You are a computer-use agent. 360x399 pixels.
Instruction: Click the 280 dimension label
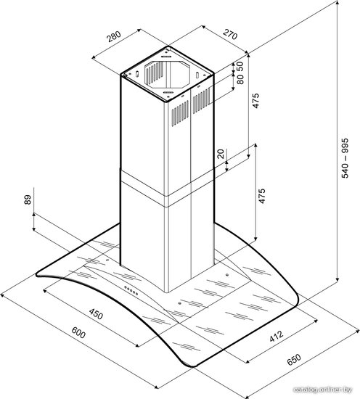click(x=114, y=36)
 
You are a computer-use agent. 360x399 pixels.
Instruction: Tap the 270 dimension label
click(x=230, y=34)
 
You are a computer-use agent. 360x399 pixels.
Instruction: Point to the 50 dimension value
click(x=240, y=66)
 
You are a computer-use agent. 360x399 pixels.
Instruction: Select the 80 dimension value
click(x=240, y=79)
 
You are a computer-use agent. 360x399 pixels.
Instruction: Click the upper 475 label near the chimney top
click(x=255, y=101)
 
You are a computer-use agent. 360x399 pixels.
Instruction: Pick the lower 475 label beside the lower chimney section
click(x=261, y=196)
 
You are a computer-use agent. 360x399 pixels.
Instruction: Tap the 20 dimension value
click(x=221, y=154)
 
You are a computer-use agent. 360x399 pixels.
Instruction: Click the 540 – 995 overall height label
click(x=344, y=158)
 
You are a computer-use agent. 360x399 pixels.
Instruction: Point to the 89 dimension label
click(x=28, y=199)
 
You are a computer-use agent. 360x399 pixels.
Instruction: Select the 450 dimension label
click(x=97, y=313)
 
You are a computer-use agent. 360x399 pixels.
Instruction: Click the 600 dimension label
click(x=78, y=332)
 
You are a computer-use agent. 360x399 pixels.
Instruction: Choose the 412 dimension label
click(x=277, y=337)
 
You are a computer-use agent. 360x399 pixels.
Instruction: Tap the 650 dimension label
click(x=294, y=360)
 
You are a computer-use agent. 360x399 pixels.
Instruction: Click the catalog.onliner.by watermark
click(x=323, y=390)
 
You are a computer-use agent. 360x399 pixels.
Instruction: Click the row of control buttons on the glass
click(x=131, y=290)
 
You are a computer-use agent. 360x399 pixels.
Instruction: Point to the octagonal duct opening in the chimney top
click(x=167, y=75)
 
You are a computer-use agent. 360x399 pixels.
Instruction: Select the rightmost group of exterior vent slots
click(x=202, y=101)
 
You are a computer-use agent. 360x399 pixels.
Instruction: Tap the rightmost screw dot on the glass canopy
click(x=226, y=275)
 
